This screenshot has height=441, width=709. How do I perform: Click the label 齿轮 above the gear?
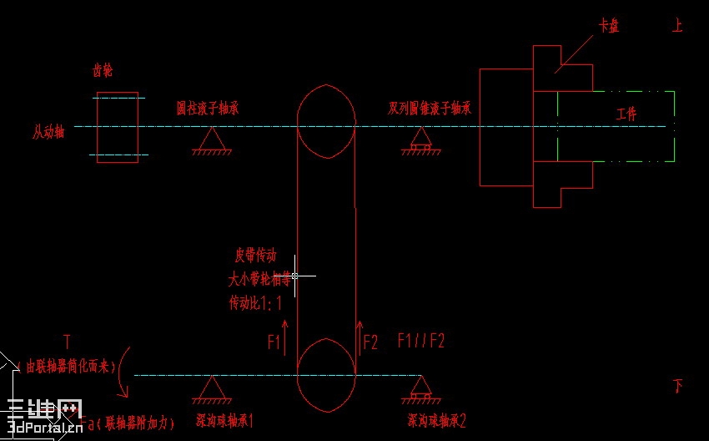tap(102, 72)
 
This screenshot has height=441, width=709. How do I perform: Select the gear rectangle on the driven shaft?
tap(118, 128)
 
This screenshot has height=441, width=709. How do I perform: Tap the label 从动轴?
tap(48, 132)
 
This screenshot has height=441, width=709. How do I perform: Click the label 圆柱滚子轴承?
tap(208, 109)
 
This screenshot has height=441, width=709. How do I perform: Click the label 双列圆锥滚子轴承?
tap(430, 109)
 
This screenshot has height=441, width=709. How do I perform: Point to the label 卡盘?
tap(608, 26)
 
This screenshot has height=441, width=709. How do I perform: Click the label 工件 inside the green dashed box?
tap(626, 114)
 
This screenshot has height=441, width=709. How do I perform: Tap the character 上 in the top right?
tap(677, 26)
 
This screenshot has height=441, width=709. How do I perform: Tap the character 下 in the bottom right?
tap(678, 386)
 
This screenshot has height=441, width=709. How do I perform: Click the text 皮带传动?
tap(256, 256)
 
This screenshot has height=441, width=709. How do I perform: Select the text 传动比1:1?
tap(254, 303)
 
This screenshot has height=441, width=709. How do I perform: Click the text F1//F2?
tap(420, 341)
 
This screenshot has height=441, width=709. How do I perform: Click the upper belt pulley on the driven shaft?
tap(326, 121)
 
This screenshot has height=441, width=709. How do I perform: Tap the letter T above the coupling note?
tap(66, 341)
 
